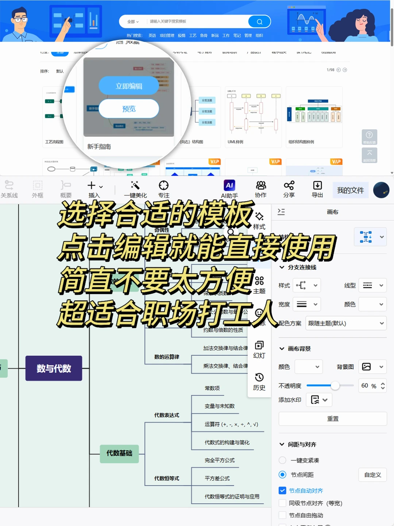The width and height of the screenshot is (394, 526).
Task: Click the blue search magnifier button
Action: [259, 22]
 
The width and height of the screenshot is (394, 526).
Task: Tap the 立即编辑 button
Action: [129, 86]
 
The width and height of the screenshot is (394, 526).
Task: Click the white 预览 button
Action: [129, 109]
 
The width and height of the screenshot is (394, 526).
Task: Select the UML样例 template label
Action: [235, 142]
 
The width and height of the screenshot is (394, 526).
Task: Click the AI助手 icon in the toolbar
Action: [229, 186]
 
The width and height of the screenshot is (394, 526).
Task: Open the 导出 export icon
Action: [317, 186]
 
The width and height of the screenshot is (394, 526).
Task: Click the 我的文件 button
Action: [350, 190]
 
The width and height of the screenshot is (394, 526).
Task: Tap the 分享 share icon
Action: [289, 186]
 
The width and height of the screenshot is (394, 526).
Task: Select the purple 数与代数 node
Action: [54, 368]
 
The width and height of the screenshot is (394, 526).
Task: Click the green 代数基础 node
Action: [119, 453]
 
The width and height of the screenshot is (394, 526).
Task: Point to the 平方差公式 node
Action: [217, 478]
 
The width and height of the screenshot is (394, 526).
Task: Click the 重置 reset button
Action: [332, 419]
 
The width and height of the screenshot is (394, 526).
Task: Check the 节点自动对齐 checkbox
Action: [282, 491]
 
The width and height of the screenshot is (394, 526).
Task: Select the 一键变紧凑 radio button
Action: [282, 460]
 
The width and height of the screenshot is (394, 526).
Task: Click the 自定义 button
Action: [372, 475]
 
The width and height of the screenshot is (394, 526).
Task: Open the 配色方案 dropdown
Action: [345, 323]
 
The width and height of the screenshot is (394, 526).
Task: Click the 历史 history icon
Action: [259, 378]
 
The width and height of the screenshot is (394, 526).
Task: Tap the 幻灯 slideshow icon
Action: [259, 346]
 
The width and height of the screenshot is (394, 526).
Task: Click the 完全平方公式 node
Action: [220, 460]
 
